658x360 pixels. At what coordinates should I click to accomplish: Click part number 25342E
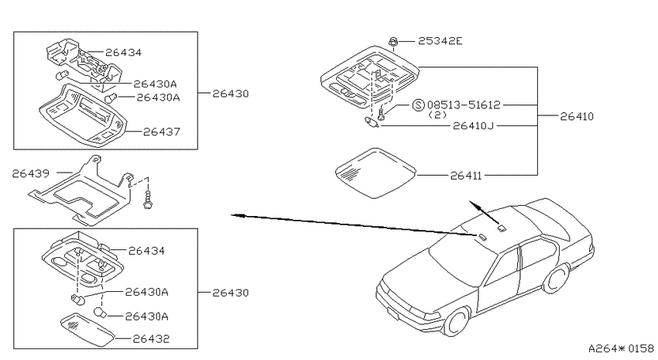tap(440, 41)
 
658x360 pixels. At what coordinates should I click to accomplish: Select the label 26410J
tap(473, 125)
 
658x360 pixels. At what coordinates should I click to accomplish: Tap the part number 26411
tap(466, 176)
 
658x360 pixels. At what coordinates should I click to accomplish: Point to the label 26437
tap(162, 132)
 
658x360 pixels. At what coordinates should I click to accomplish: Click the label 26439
tap(31, 173)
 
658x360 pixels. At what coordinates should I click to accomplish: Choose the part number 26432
tap(151, 338)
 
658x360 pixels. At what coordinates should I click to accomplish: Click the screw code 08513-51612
tap(464, 105)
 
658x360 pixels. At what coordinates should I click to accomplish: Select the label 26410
tap(577, 116)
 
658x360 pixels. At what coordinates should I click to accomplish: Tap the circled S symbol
tap(418, 105)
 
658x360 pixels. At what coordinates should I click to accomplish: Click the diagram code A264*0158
tap(621, 348)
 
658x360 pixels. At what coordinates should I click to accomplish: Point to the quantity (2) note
tap(437, 115)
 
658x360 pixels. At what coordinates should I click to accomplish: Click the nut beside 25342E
tap(393, 42)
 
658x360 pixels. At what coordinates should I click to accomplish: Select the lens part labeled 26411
tap(375, 173)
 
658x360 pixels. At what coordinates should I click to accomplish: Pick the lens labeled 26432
tap(88, 329)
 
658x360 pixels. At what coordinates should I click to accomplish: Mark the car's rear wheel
tap(557, 278)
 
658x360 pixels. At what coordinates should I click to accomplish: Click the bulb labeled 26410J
tap(372, 122)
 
